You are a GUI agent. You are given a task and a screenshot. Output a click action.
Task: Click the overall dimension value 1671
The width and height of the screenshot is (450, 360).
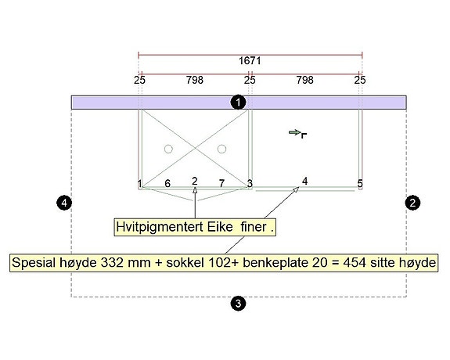(x=250, y=61)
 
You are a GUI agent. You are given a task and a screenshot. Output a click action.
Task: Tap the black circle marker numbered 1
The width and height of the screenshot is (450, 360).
(x=238, y=103)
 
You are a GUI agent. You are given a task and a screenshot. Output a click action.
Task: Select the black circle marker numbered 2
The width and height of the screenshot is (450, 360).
(x=412, y=203)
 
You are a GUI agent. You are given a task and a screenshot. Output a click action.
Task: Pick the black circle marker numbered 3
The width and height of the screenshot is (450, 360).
(x=238, y=303)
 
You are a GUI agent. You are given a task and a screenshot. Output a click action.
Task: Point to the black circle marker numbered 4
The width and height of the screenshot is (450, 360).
(x=64, y=203)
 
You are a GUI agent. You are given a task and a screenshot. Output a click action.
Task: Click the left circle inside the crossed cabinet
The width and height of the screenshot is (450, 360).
(x=168, y=149)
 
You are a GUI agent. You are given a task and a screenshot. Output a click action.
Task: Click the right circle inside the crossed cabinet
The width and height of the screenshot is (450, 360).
(x=221, y=149)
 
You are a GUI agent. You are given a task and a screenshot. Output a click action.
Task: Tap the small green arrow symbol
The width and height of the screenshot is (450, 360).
(x=295, y=132)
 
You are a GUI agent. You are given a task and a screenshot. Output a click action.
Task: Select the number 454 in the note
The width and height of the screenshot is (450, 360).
(x=355, y=262)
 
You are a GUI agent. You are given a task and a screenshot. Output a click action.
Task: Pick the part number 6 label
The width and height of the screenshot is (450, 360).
(x=167, y=183)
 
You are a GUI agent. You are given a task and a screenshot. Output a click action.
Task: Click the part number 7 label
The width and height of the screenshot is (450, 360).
(x=221, y=183)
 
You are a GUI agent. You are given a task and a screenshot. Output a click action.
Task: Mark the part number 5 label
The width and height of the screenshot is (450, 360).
(x=360, y=183)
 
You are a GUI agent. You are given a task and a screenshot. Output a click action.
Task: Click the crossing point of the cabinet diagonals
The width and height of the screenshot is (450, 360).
(x=195, y=149)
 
